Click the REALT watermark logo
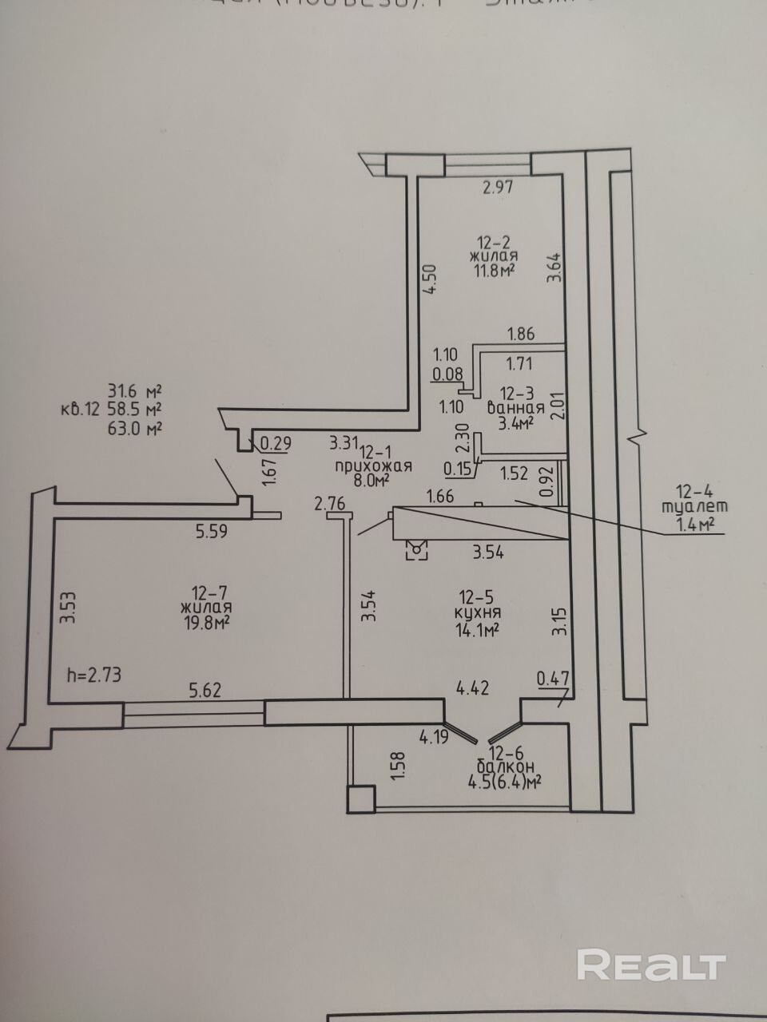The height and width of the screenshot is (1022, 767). tap(651, 965)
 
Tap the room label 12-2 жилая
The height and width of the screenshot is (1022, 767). tap(493, 249)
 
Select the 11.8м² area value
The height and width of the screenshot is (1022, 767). tap(493, 271)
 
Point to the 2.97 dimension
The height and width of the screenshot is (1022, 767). tap(496, 188)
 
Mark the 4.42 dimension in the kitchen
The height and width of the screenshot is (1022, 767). tap(472, 686)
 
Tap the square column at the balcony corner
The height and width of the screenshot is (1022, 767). tap(360, 798)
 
